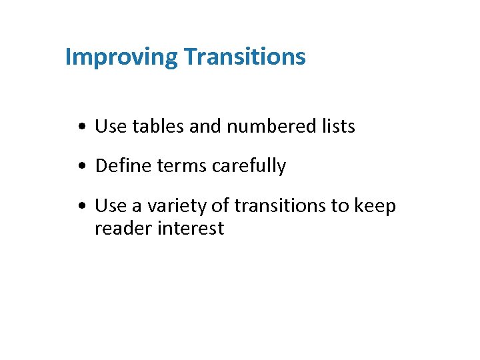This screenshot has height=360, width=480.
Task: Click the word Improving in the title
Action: [121, 57]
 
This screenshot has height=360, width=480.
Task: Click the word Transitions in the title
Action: [245, 57]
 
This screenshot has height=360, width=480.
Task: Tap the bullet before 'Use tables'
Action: [80, 127]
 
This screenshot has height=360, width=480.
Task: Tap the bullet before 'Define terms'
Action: [80, 167]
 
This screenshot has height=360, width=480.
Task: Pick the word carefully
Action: [248, 166]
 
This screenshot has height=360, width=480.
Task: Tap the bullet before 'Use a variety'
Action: [80, 207]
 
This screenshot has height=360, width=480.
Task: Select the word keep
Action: [375, 206]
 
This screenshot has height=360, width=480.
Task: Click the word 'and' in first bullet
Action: [204, 126]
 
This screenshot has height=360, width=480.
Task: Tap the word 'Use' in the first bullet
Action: [111, 126]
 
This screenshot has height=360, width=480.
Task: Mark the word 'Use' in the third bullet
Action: [111, 206]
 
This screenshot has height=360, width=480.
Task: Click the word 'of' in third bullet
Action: [220, 206]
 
